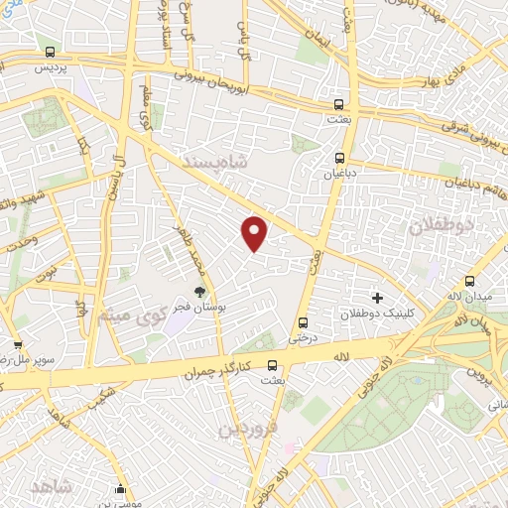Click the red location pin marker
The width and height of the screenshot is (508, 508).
click(255, 232)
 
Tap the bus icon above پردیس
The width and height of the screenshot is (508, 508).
click(51, 53)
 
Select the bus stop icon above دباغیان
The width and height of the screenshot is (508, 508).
click(340, 157)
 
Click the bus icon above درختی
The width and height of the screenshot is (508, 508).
click(303, 321)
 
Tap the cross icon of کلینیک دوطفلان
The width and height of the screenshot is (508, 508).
click(376, 297)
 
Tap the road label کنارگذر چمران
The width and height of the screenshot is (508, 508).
click(215, 372)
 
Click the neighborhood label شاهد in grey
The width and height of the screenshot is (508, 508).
click(52, 487)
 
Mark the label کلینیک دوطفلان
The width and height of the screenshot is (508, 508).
click(375, 315)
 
